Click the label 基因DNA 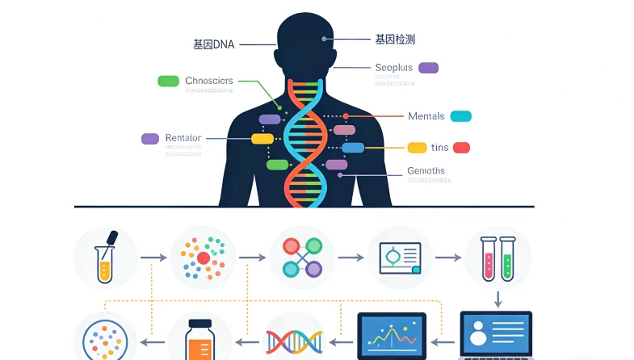[x=213, y=44]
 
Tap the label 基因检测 [x=395, y=39]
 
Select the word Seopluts [x=394, y=68]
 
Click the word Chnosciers [x=208, y=81]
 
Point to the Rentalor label [x=183, y=138]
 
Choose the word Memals [x=426, y=116]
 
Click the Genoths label [x=426, y=171]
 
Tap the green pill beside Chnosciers [x=168, y=81]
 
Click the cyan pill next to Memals [x=460, y=116]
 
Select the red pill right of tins [x=461, y=148]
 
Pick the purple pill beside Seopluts [x=428, y=68]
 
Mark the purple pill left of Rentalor [x=150, y=138]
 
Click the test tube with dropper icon [x=106, y=257]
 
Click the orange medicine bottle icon [x=200, y=339]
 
